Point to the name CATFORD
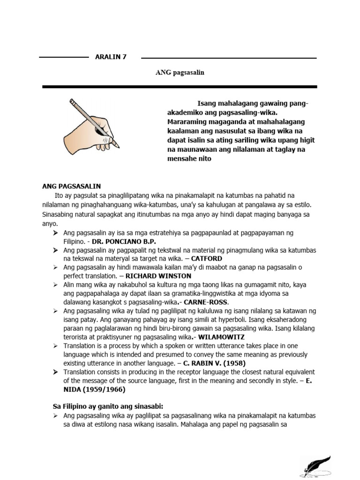pos(206,258)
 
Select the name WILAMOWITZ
pos(217,337)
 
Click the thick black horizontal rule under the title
pos(180,87)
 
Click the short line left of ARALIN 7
pos(64,57)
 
